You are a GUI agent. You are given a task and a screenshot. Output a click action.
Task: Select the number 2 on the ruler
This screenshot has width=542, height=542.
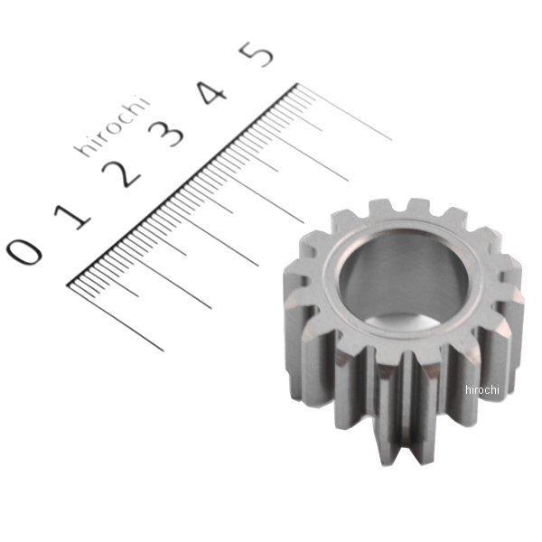click(x=124, y=172)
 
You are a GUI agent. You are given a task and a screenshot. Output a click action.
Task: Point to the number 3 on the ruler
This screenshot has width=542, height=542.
click(x=168, y=132)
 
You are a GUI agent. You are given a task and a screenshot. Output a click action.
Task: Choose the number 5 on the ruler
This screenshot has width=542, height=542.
click(x=257, y=54)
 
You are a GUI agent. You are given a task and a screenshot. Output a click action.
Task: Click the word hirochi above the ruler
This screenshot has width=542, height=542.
click(x=112, y=127)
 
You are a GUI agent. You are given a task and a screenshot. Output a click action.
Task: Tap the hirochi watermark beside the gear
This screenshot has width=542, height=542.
click(x=481, y=389)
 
